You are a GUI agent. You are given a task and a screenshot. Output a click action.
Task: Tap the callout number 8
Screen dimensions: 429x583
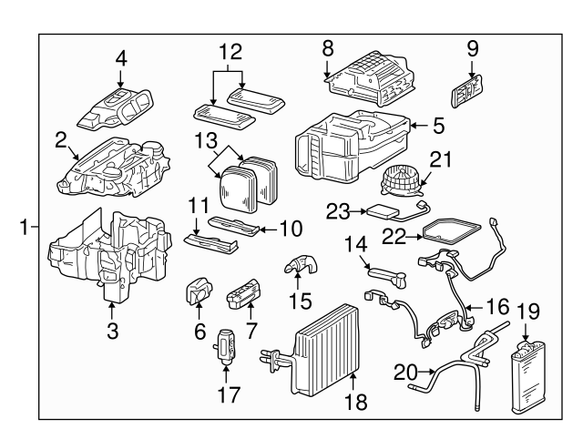click(328, 47)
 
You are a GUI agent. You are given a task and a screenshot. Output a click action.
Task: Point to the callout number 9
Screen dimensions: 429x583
click(472, 48)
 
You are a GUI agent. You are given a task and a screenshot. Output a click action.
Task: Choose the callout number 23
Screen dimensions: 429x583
click(338, 210)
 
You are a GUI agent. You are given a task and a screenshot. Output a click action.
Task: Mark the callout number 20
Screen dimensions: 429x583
click(403, 372)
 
